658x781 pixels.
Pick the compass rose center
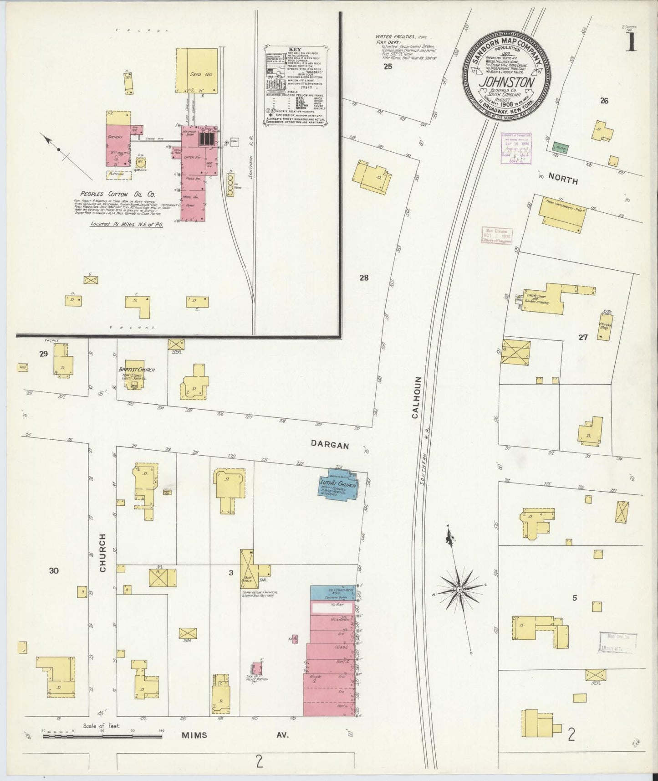[460, 590]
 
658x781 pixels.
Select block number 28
[363, 277]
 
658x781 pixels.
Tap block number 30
[54, 571]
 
